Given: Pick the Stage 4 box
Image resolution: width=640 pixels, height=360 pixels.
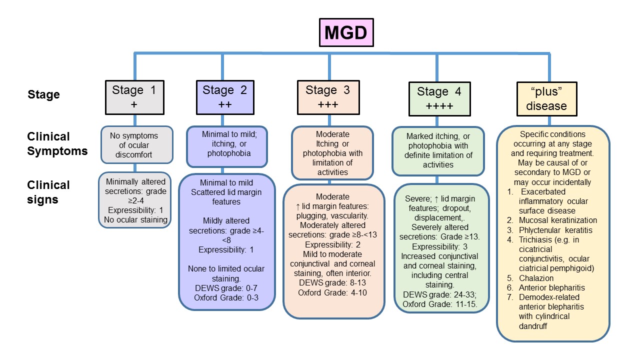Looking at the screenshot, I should (x=438, y=99).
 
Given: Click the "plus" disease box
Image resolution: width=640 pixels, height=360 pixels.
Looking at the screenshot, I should (x=546, y=99).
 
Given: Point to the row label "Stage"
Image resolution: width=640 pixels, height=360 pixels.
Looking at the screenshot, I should (x=43, y=94).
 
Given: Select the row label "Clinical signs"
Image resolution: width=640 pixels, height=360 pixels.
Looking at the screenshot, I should (x=48, y=192).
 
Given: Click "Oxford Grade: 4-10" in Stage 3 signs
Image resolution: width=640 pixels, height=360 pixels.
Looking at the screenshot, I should (x=332, y=292).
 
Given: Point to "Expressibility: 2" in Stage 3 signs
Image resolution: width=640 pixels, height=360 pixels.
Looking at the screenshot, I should (x=332, y=245).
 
